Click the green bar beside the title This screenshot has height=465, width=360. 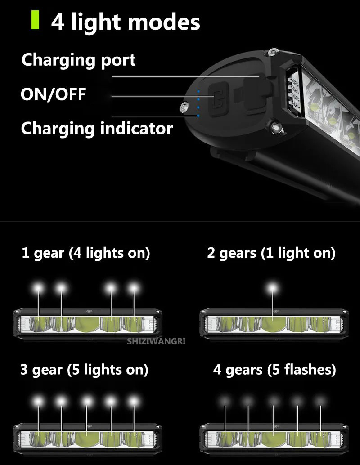point(35,21)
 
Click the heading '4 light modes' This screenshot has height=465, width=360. point(126,22)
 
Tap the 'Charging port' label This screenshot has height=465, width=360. point(79,60)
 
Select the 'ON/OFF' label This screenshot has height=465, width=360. point(53,94)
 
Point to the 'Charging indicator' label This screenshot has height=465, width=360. point(97,129)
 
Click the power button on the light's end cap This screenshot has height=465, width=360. point(219,94)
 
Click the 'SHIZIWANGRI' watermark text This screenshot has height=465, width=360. point(157,341)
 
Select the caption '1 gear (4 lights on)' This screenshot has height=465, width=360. point(86,253)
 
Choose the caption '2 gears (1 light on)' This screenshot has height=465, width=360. point(271,253)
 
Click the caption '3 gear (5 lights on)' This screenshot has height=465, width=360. point(85,370)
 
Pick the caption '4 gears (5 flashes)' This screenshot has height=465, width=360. point(274,370)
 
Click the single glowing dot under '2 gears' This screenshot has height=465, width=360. point(272,288)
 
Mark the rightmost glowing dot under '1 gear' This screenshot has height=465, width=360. point(133,288)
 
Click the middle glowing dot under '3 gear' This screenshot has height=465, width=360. point(86,400)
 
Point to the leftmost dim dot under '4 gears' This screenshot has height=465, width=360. point(225,400)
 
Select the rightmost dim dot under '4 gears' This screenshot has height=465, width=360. point(319,400)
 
